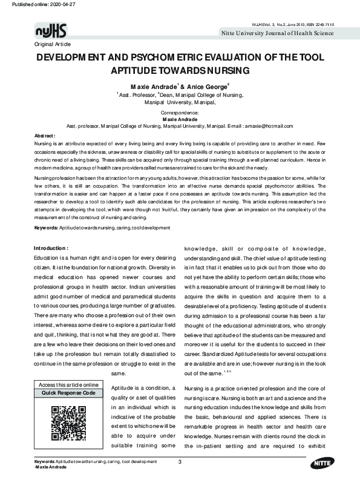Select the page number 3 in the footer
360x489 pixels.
click(180, 462)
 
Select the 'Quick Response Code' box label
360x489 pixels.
click(68, 393)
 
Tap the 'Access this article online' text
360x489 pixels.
click(68, 385)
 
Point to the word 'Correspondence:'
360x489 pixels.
click(180, 113)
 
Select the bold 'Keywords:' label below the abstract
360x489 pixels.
click(46, 228)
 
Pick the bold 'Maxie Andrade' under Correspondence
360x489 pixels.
click(180, 120)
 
